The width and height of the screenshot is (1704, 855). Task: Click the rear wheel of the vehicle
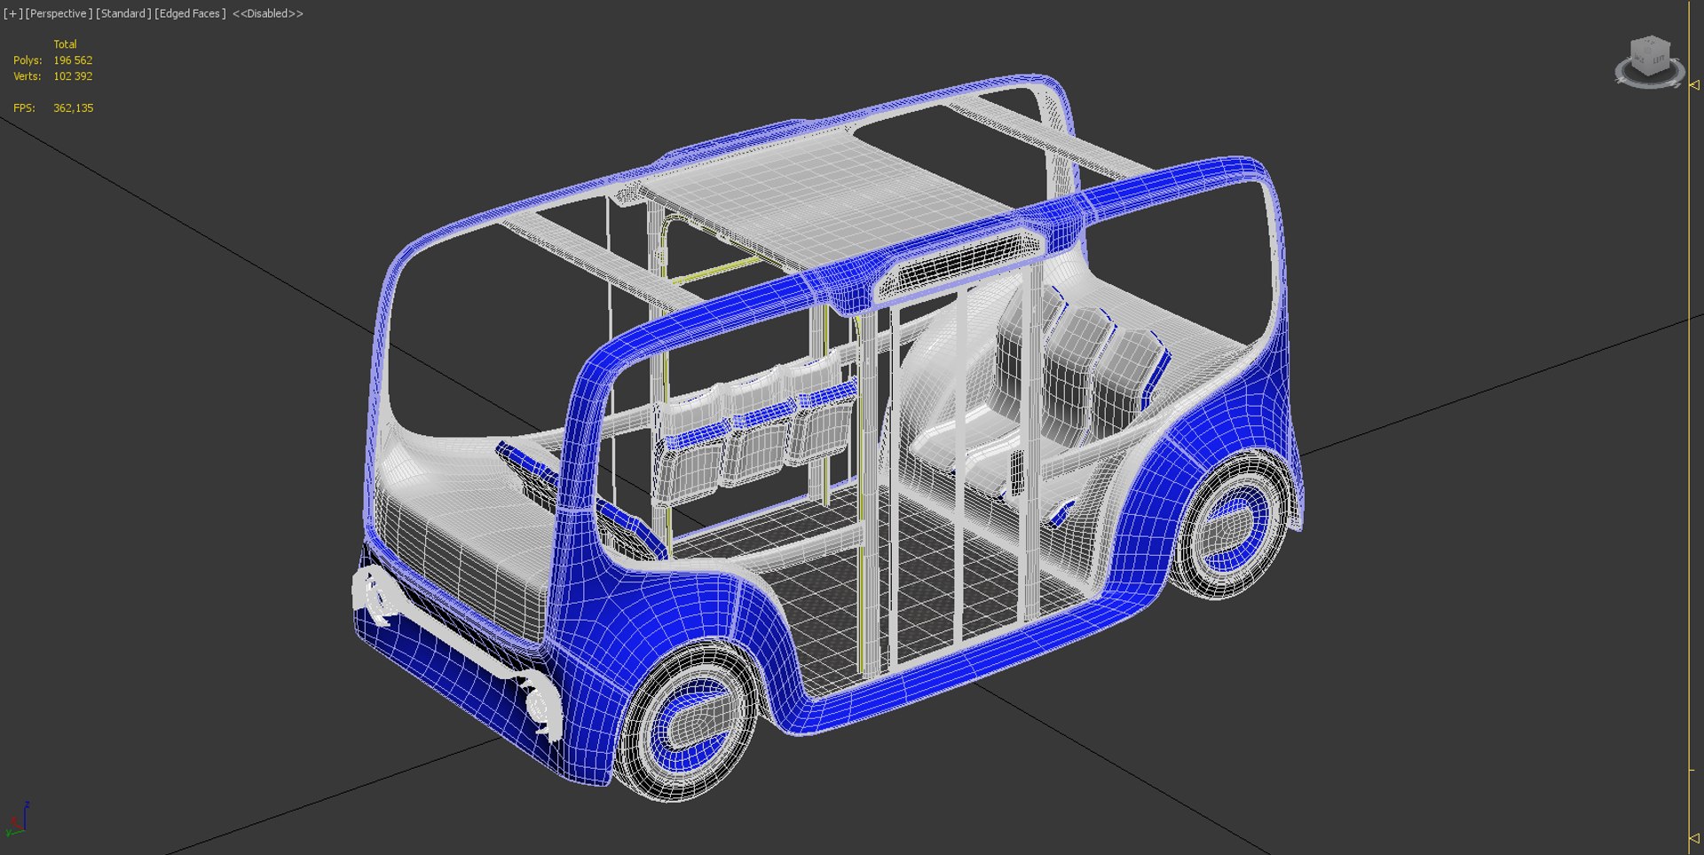pyautogui.click(x=1234, y=524)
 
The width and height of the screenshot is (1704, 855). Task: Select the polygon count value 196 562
pyautogui.click(x=73, y=60)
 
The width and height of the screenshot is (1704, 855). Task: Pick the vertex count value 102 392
pyautogui.click(x=73, y=76)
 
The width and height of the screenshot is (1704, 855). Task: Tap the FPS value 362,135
pyautogui.click(x=73, y=108)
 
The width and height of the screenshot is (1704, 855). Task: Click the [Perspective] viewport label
pyautogui.click(x=59, y=13)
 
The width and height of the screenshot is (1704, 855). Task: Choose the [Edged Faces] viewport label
pyautogui.click(x=190, y=13)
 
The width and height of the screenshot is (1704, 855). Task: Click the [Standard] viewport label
pyautogui.click(x=123, y=13)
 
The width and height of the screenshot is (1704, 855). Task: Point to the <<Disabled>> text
pyautogui.click(x=267, y=13)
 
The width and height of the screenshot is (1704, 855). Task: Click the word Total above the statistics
pyautogui.click(x=65, y=44)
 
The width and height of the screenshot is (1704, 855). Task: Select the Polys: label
pyautogui.click(x=28, y=60)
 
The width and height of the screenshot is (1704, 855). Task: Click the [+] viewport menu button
pyautogui.click(x=12, y=13)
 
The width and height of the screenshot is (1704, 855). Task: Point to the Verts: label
pyautogui.click(x=27, y=76)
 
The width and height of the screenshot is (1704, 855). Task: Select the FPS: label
pyautogui.click(x=24, y=108)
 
